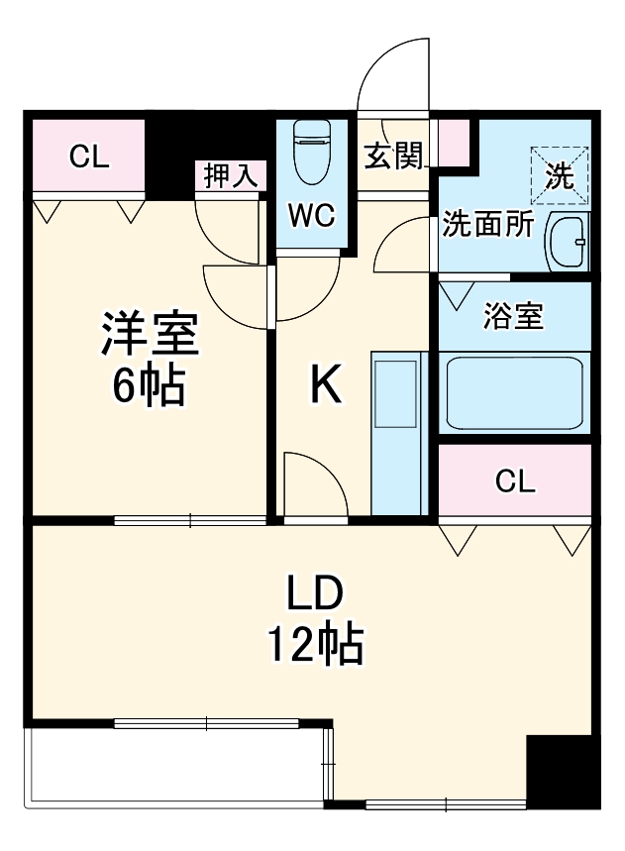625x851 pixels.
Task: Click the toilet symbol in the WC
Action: (x=313, y=154)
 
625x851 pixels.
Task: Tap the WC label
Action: (x=312, y=215)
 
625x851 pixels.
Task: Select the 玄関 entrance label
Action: (x=394, y=156)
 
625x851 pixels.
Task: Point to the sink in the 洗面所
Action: (x=568, y=241)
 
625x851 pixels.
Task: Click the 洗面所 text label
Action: (x=487, y=226)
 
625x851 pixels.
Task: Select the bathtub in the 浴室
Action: (x=513, y=392)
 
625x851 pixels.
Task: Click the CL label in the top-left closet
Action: (x=89, y=156)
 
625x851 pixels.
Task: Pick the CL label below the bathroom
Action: (x=515, y=481)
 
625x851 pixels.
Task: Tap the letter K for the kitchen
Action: (x=326, y=386)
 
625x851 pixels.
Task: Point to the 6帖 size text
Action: (x=149, y=386)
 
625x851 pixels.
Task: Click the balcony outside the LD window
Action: (x=178, y=768)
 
